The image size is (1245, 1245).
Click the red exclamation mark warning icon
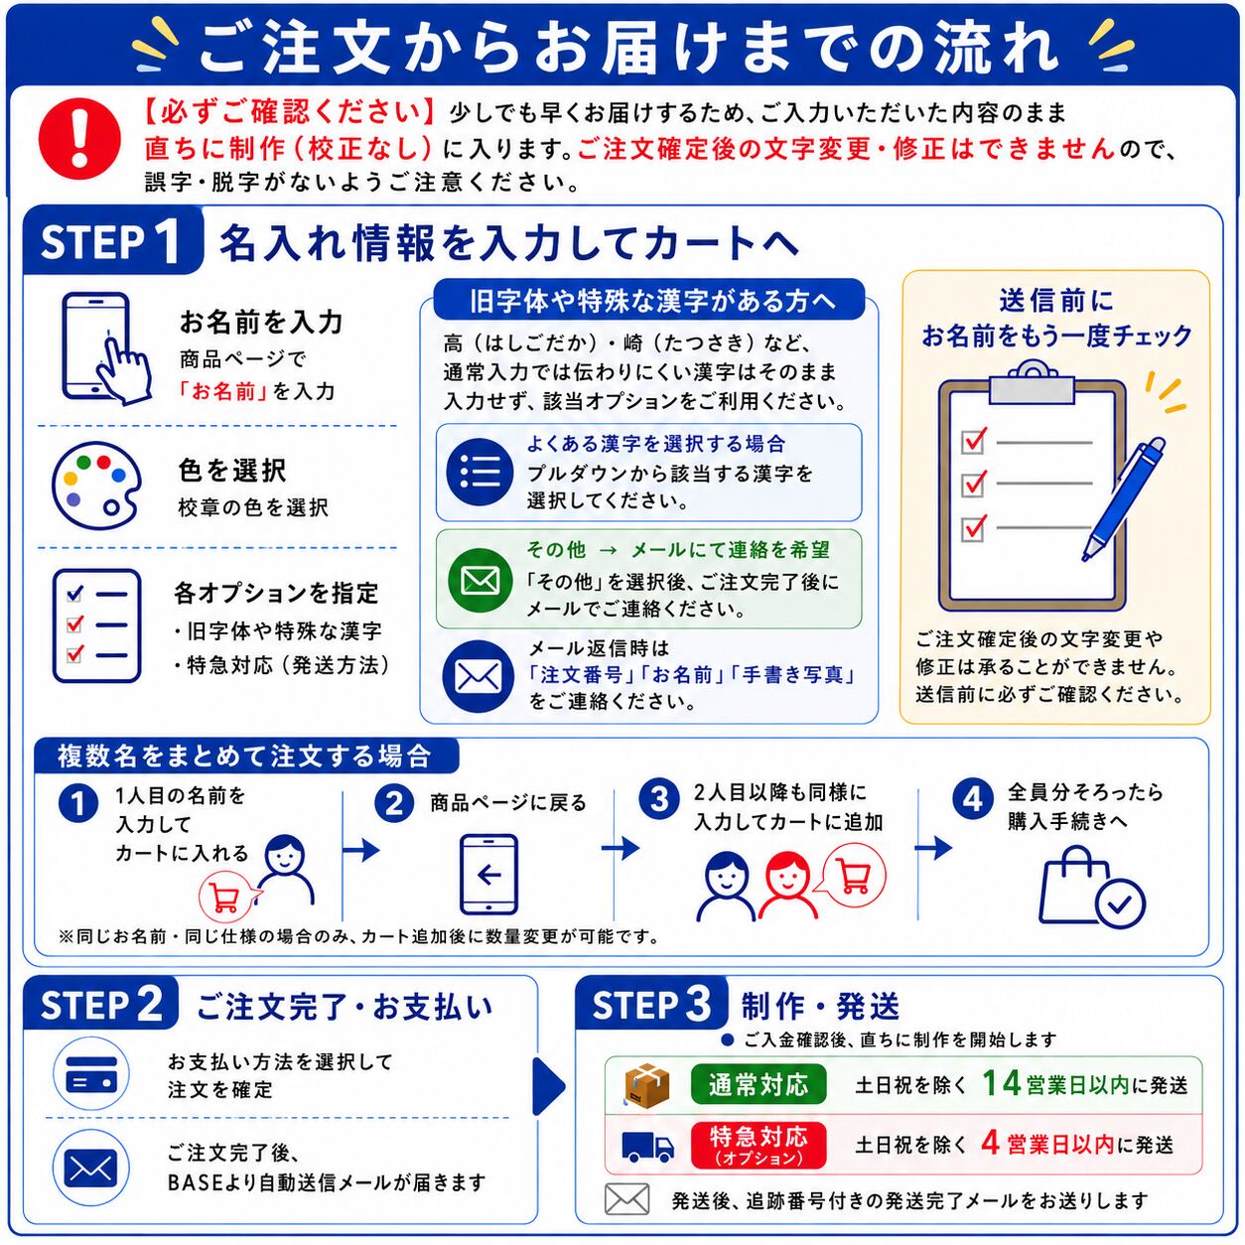point(79,138)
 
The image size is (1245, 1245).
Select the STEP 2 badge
point(101,1005)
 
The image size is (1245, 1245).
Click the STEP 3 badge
point(651,1005)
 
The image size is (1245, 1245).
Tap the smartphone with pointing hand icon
point(104,348)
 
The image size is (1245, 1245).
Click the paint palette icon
point(97,485)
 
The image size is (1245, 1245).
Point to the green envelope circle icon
point(480,580)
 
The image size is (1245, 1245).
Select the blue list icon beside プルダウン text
point(480,473)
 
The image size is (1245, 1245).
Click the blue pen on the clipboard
point(1124,498)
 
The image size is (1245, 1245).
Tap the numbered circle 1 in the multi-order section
point(78,804)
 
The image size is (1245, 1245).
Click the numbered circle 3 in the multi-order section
point(658,798)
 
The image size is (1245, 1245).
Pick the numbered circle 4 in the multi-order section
point(972,798)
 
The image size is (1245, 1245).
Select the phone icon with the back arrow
point(488,875)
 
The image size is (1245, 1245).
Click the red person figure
point(788,886)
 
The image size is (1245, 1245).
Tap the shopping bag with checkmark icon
point(1091,887)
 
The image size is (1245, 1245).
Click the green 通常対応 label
point(759,1084)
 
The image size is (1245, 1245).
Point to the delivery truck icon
point(647,1146)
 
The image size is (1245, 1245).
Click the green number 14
point(1001,1083)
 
